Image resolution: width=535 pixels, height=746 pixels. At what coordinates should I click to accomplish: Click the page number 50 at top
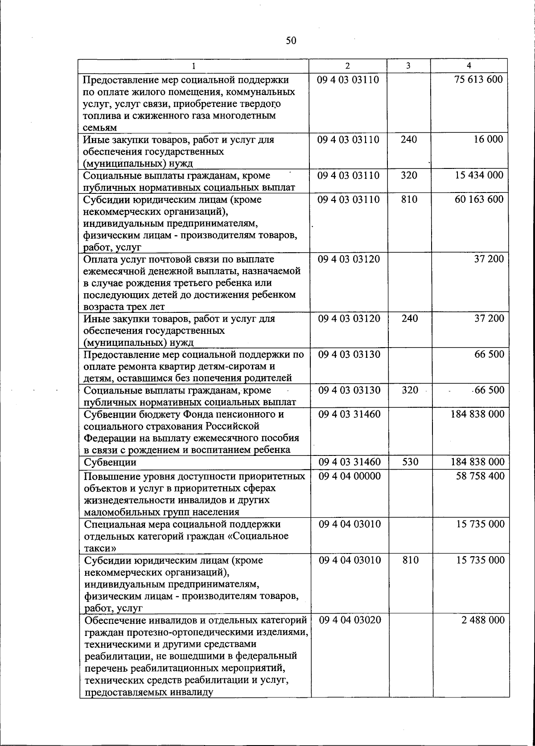pyautogui.click(x=290, y=41)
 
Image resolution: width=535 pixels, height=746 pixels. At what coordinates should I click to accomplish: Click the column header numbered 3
pyautogui.click(x=408, y=66)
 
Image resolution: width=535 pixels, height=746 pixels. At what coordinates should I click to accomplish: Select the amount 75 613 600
pyautogui.click(x=479, y=80)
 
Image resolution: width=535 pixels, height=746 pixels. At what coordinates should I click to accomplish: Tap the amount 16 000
pyautogui.click(x=488, y=139)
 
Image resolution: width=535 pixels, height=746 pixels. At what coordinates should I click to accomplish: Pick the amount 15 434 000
pyautogui.click(x=479, y=175)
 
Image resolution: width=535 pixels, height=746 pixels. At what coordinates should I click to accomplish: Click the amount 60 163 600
pyautogui.click(x=479, y=199)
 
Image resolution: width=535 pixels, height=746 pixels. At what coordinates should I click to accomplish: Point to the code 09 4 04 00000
pyautogui.click(x=350, y=476)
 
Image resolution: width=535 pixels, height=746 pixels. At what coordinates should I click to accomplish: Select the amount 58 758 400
pyautogui.click(x=480, y=476)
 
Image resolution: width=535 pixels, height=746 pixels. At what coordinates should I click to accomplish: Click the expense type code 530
pyautogui.click(x=410, y=462)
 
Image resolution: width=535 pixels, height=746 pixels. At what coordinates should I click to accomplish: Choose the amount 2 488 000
pyautogui.click(x=483, y=620)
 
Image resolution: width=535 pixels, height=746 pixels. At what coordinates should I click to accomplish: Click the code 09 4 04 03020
pyautogui.click(x=350, y=620)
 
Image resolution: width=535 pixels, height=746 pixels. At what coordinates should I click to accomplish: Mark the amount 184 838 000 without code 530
pyautogui.click(x=477, y=414)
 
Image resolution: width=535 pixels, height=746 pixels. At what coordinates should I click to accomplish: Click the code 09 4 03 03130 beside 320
pyautogui.click(x=349, y=390)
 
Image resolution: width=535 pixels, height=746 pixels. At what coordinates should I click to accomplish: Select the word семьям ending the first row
pyautogui.click(x=100, y=128)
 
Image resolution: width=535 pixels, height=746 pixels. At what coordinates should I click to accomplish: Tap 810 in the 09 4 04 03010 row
pyautogui.click(x=410, y=560)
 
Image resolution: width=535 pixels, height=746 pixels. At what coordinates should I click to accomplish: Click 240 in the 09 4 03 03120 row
pyautogui.click(x=409, y=319)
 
